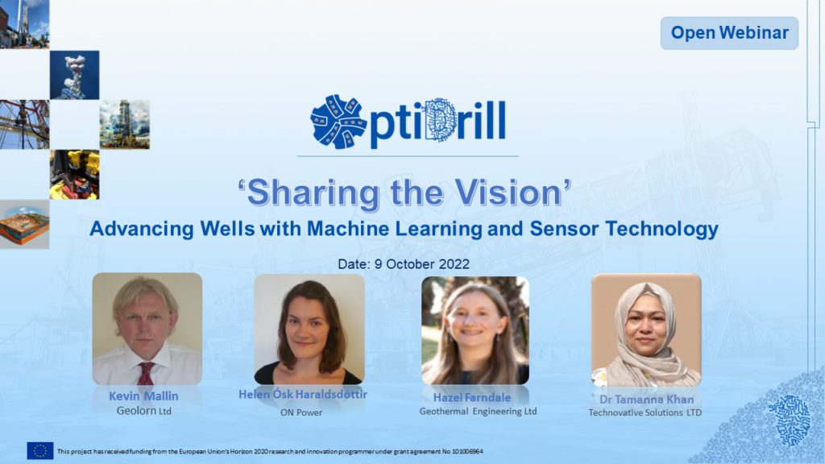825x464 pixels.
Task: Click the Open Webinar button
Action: (x=729, y=32)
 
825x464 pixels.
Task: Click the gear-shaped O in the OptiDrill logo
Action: (x=338, y=122)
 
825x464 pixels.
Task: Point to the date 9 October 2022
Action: (x=421, y=264)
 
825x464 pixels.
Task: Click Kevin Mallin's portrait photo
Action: (x=147, y=329)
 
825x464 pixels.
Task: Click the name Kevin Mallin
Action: (x=143, y=396)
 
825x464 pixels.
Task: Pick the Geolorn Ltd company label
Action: (x=143, y=411)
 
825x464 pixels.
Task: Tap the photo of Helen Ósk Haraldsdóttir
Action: (x=309, y=329)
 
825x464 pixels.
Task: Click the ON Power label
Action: (x=301, y=412)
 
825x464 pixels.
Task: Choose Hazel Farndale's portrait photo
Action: (x=475, y=330)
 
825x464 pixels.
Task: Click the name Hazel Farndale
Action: (x=472, y=398)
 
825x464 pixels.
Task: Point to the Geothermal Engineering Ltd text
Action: (x=478, y=412)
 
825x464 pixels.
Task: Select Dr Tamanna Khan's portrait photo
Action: (x=646, y=330)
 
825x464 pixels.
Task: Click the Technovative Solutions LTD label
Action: (x=645, y=412)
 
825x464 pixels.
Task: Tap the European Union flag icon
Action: (x=40, y=451)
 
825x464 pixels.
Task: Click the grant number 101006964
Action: (x=467, y=451)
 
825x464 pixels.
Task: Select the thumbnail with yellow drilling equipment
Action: (x=75, y=175)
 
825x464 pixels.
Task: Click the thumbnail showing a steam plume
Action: (x=75, y=75)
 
